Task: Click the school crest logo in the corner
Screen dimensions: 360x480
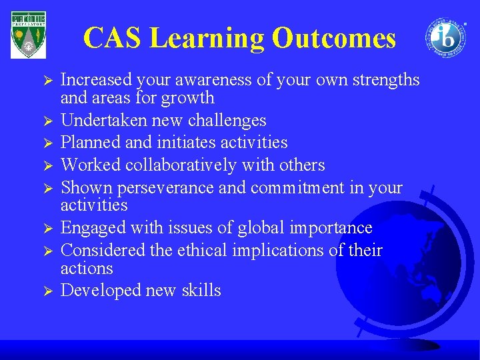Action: pos(29,35)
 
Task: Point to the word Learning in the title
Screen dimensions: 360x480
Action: pos(209,38)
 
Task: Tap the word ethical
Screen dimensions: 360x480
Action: pos(208,251)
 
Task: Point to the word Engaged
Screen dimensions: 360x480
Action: pos(89,228)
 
